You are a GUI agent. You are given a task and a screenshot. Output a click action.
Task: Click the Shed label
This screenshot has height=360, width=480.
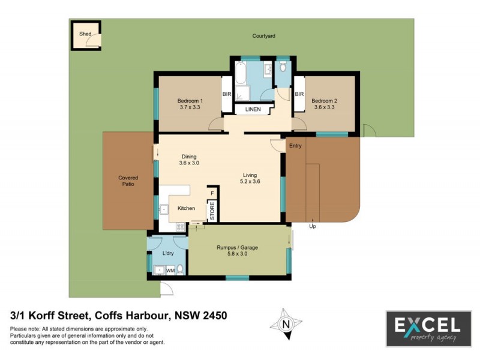[86, 34]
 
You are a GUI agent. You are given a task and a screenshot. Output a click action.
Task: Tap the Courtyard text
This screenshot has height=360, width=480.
[263, 37]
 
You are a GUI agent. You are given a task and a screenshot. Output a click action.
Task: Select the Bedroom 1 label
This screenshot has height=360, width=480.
[190, 100]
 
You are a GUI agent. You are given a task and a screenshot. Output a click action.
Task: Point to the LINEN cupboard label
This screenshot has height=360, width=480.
[253, 109]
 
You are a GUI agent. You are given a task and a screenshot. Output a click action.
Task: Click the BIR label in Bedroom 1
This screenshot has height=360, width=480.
[227, 94]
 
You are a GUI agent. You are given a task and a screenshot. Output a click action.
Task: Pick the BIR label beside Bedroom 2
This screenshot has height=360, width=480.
[299, 94]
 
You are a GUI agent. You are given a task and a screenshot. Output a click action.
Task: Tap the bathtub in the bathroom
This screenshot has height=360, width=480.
[240, 74]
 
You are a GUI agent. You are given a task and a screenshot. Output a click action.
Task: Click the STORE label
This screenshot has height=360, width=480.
[211, 211]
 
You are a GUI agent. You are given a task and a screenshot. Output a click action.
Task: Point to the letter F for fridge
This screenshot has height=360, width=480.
[211, 193]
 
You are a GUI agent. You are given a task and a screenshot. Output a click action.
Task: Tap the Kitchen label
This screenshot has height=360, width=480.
[186, 208]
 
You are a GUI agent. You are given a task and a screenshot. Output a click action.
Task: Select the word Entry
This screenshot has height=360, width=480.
[295, 146]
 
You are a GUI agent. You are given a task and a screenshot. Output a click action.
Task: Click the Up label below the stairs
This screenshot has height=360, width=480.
[312, 226]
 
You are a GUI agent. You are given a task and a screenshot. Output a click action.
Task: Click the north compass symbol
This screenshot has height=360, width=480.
[286, 324]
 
